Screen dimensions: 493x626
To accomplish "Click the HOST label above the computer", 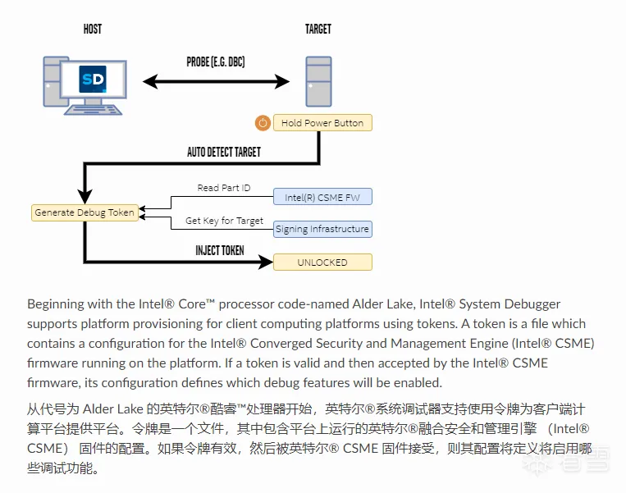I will pyautogui.click(x=93, y=30).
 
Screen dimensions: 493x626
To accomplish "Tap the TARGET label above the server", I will pyautogui.click(x=318, y=30).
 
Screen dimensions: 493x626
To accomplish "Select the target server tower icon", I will pyautogui.click(x=318, y=81).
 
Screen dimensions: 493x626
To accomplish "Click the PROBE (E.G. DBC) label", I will pyautogui.click(x=216, y=62).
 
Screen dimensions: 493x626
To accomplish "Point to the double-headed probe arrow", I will pyautogui.click(x=217, y=81).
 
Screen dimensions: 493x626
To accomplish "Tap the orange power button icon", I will pyautogui.click(x=263, y=123).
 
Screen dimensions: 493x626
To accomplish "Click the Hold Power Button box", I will pyautogui.click(x=322, y=123).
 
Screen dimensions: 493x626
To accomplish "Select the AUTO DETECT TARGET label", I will pyautogui.click(x=224, y=152).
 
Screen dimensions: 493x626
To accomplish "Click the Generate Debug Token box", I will pyautogui.click(x=85, y=212).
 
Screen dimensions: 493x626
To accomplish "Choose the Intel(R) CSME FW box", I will pyautogui.click(x=322, y=197).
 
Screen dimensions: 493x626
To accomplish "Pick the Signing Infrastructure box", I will pyautogui.click(x=322, y=229).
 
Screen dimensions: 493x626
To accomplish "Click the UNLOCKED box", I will pyautogui.click(x=322, y=262).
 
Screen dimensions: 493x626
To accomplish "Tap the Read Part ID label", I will pyautogui.click(x=224, y=188).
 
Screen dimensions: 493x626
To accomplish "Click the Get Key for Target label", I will pyautogui.click(x=224, y=221).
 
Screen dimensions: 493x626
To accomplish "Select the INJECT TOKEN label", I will pyautogui.click(x=219, y=250).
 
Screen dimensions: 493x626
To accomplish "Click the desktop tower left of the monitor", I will pyautogui.click(x=55, y=80).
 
